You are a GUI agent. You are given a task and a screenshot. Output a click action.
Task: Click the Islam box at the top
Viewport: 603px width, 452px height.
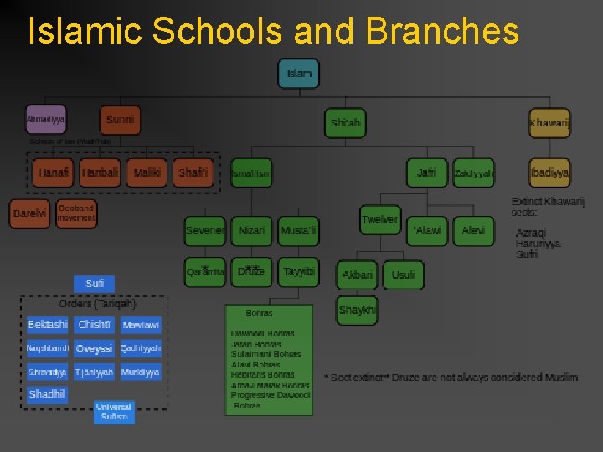click(x=299, y=74)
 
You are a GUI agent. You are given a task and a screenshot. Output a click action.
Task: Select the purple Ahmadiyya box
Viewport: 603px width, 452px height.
click(x=45, y=121)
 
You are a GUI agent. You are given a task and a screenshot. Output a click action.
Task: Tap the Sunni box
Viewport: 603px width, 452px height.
click(x=120, y=121)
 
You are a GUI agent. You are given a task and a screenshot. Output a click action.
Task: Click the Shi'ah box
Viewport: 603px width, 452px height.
click(x=345, y=123)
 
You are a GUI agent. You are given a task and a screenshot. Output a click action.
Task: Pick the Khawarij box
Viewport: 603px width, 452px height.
click(x=549, y=124)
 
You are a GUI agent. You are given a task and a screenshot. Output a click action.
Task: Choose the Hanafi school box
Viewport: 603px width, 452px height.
click(x=54, y=173)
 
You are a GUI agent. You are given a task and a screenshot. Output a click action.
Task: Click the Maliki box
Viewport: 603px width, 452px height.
click(x=147, y=173)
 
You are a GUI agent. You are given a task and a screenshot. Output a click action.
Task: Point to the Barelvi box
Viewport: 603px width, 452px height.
click(x=30, y=213)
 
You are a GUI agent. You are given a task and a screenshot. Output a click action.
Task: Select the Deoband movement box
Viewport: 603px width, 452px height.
click(x=76, y=213)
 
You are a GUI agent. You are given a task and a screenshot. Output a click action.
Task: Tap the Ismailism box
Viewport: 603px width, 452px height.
click(x=251, y=174)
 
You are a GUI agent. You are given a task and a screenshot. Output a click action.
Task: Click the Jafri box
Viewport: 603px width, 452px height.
click(x=427, y=173)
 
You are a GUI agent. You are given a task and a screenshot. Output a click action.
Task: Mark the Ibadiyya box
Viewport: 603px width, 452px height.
click(x=549, y=173)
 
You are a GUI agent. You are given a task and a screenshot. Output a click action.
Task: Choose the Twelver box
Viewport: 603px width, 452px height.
click(x=379, y=220)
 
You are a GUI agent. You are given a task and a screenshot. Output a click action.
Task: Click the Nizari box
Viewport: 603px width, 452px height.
click(x=252, y=230)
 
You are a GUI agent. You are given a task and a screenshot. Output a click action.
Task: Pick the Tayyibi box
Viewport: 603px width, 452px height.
click(x=299, y=272)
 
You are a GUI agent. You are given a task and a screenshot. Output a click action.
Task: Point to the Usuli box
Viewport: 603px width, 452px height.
click(x=403, y=275)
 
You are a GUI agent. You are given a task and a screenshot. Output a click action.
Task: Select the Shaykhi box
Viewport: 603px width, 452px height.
click(x=358, y=311)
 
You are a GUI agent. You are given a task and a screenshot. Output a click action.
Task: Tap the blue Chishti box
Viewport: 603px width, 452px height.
click(x=94, y=325)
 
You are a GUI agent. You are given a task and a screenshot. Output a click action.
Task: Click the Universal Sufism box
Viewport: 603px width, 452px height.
click(x=114, y=411)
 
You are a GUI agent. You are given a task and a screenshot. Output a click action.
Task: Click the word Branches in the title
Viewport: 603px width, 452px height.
click(x=442, y=32)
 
